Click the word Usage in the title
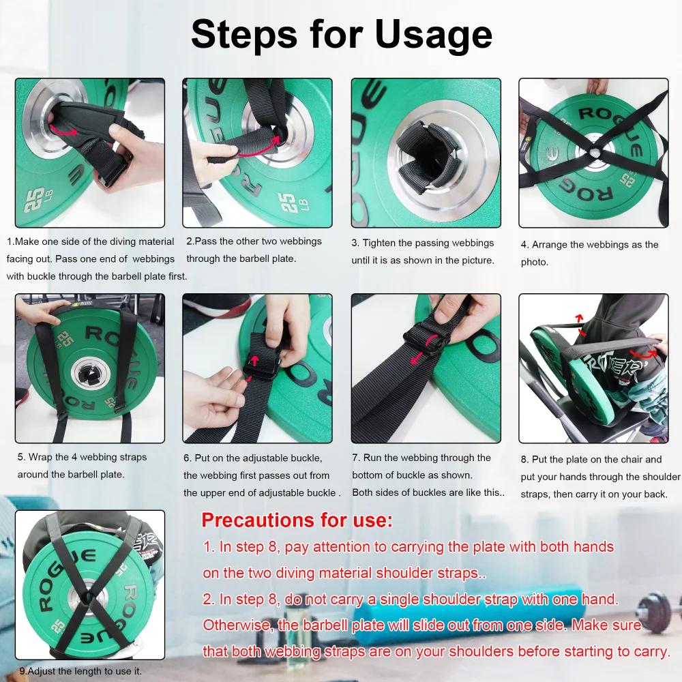(433, 34)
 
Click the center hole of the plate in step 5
(91, 374)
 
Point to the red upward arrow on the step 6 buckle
(255, 359)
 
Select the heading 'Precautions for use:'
(297, 520)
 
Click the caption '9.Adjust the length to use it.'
(80, 671)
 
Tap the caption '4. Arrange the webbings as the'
(590, 244)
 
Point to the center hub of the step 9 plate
(89, 595)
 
